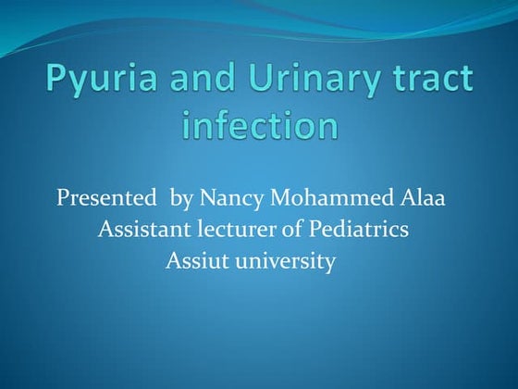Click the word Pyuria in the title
96,82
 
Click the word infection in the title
259,126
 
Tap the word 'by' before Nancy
181,198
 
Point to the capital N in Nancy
204,198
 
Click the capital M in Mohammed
281,198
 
